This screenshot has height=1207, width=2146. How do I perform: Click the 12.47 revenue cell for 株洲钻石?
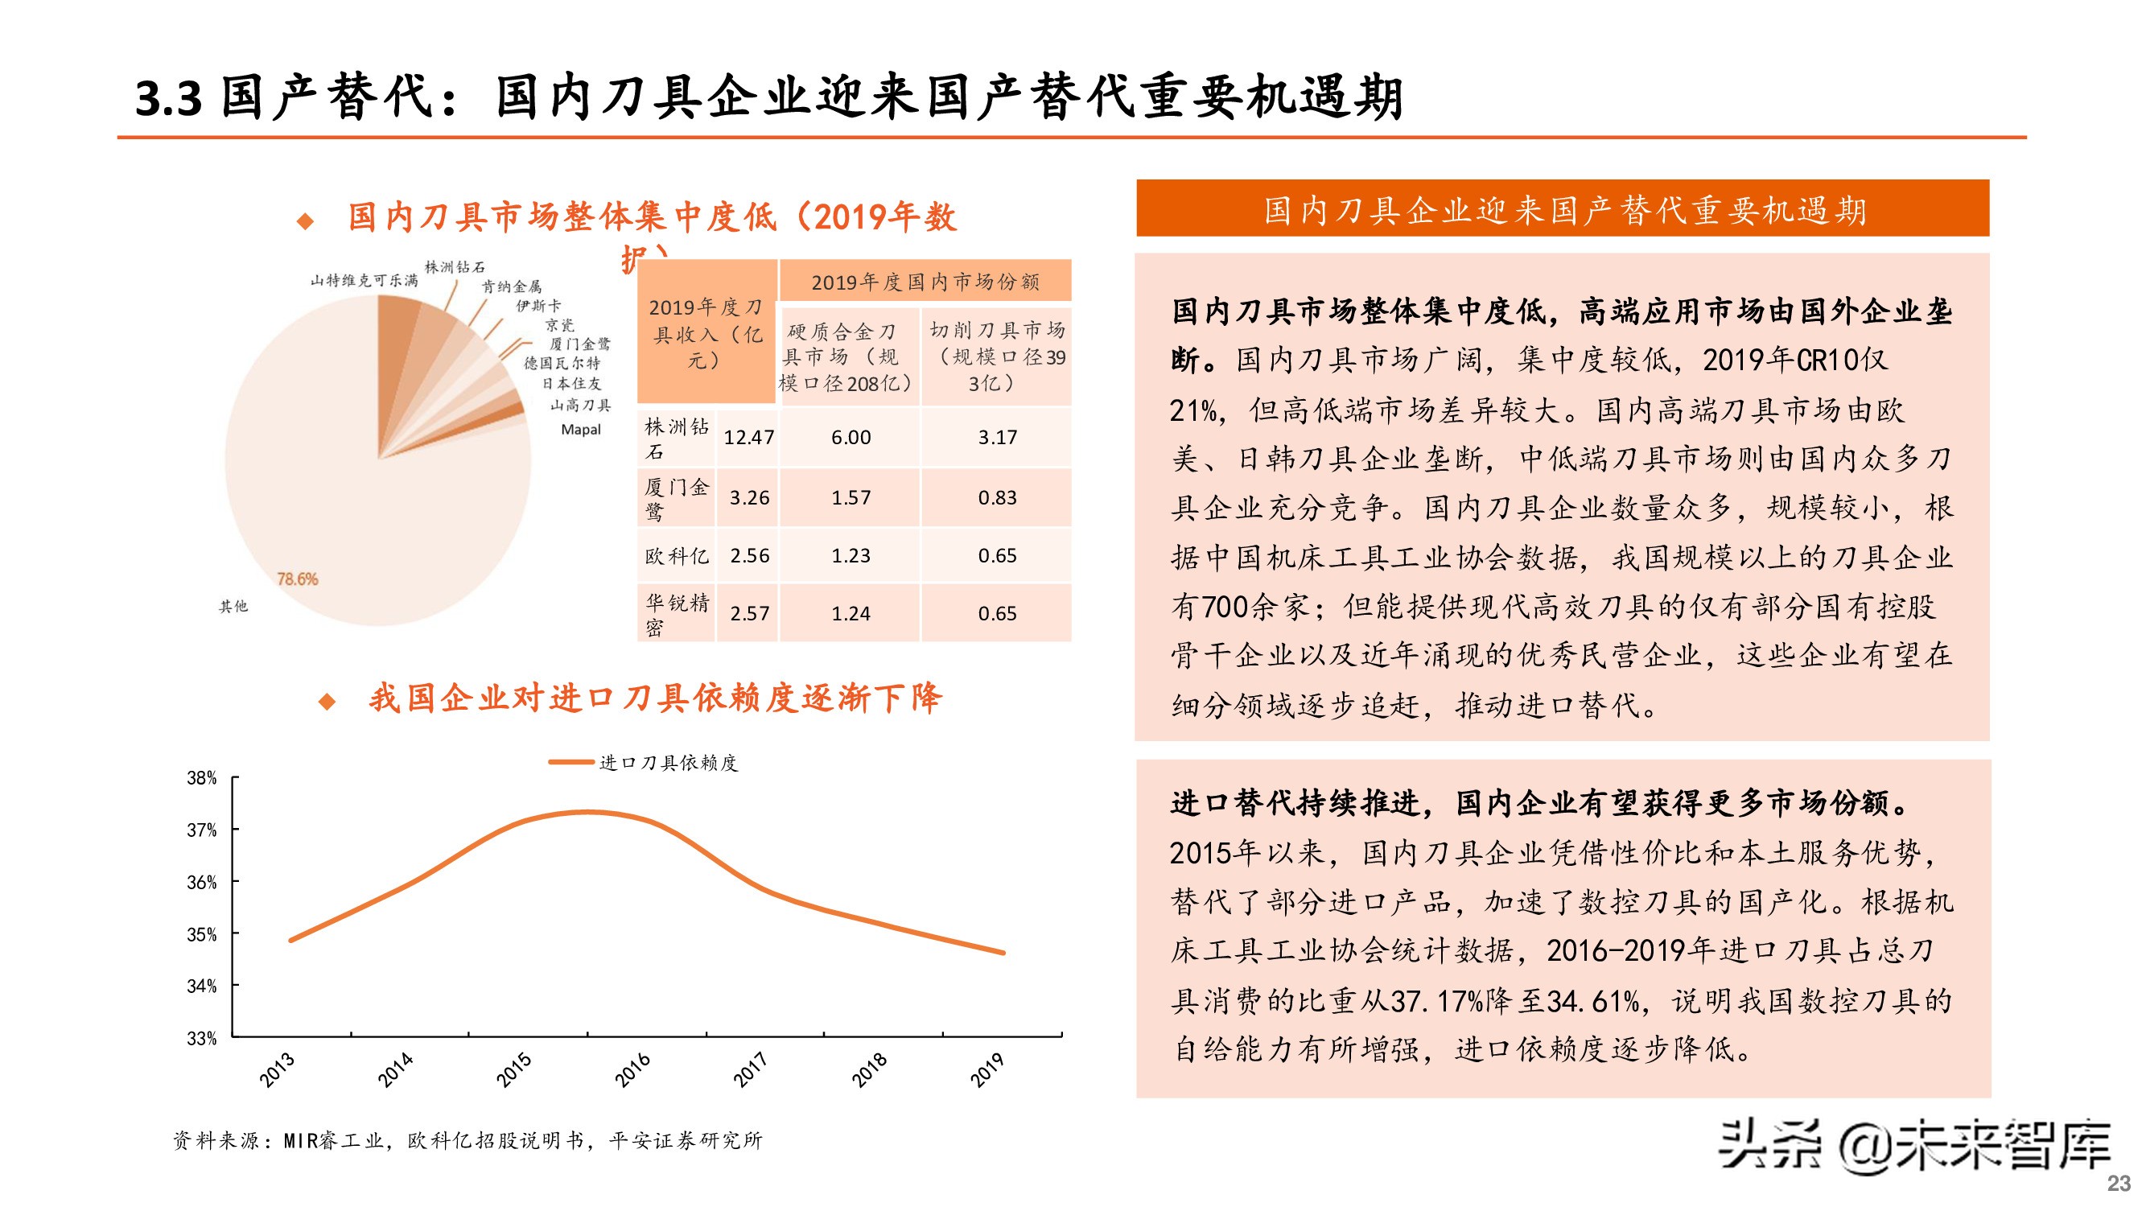748,437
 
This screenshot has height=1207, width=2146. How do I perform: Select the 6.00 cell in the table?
851,437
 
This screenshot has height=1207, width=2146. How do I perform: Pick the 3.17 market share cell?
997,437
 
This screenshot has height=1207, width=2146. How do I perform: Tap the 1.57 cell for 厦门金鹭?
851,497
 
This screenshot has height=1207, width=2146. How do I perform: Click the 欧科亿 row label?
677,555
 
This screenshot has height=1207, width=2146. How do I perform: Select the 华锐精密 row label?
677,614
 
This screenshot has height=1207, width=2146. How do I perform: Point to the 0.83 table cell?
997,497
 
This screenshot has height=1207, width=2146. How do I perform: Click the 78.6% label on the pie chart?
298,579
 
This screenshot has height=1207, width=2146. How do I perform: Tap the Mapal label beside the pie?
581,430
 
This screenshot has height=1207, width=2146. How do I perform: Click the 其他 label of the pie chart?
233,607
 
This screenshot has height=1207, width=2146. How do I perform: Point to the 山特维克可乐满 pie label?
364,281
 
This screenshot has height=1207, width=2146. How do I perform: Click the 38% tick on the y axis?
202,778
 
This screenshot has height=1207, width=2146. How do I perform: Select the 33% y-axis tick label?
202,1039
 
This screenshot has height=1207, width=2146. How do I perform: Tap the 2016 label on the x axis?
632,1069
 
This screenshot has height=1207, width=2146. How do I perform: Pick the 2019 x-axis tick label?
987,1069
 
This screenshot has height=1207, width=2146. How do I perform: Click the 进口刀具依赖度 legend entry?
644,762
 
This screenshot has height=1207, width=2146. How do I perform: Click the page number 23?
2119,1183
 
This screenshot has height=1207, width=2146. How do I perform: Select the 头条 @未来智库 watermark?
1913,1146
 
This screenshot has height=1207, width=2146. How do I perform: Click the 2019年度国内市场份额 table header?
925,282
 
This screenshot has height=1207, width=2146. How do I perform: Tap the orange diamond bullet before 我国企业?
327,702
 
